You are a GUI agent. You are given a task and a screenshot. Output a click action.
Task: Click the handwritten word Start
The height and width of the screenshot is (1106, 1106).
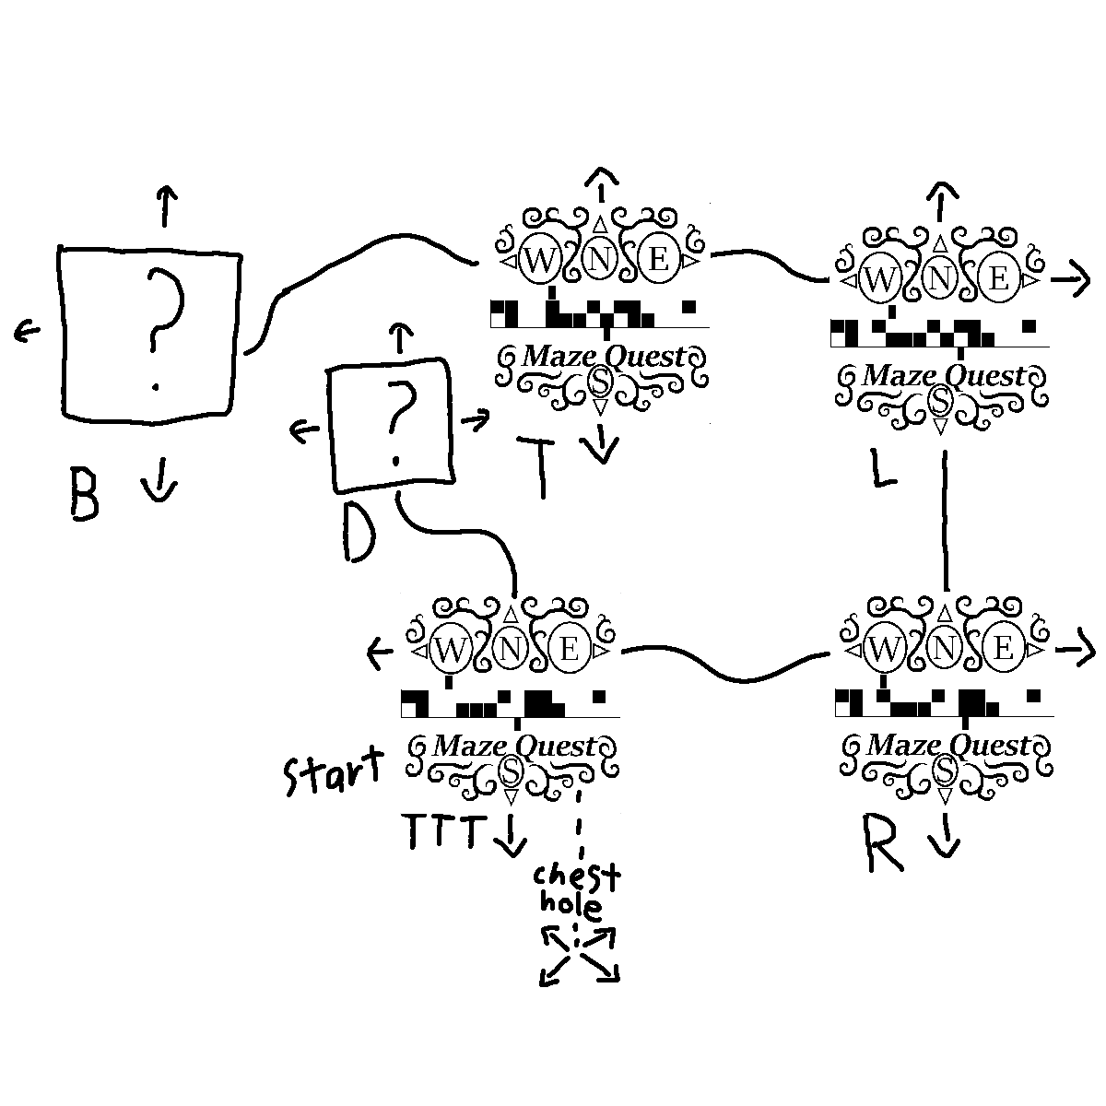point(331,774)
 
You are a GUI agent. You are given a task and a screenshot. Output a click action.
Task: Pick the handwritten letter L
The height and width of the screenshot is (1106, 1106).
point(882,469)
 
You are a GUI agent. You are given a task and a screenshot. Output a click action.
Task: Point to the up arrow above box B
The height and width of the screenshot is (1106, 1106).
point(165,205)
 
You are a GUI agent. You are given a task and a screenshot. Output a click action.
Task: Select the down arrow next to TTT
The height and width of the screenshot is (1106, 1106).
point(509,833)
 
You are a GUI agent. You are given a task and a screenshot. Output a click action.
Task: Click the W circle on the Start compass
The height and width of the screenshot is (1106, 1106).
point(450,651)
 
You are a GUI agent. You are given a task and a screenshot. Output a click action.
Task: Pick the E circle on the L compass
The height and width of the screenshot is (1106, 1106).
point(999,278)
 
